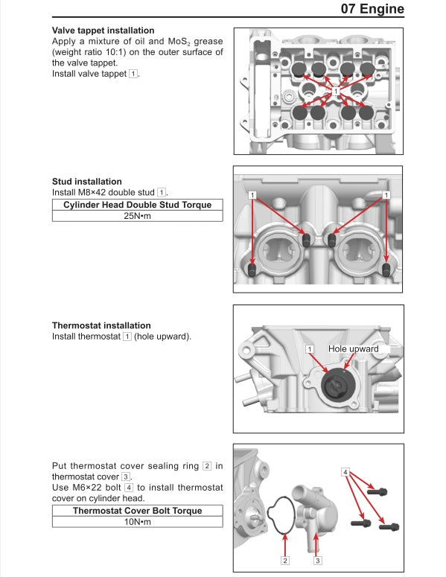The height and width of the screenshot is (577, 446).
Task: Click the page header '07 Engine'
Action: click(372, 10)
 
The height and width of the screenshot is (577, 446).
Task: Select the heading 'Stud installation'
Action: click(87, 182)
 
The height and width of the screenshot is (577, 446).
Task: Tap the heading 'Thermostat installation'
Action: click(101, 325)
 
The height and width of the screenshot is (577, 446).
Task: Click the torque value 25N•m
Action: click(137, 216)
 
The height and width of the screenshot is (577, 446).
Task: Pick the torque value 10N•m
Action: click(137, 523)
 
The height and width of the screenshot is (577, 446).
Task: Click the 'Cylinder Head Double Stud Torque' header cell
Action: click(137, 205)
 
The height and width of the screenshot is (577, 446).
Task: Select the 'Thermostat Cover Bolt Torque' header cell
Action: click(137, 511)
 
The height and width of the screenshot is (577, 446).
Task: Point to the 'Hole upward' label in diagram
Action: click(354, 348)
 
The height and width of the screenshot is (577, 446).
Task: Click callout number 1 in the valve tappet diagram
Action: click(336, 91)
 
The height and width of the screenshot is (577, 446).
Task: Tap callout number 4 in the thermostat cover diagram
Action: click(345, 472)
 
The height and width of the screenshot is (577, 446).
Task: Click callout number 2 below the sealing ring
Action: click(284, 560)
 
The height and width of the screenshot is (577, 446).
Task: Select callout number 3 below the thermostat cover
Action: click(318, 560)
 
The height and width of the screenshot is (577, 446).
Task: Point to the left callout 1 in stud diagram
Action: click(253, 194)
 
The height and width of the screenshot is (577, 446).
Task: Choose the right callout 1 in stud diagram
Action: click(386, 194)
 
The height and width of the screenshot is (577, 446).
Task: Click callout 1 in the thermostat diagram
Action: click(310, 348)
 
